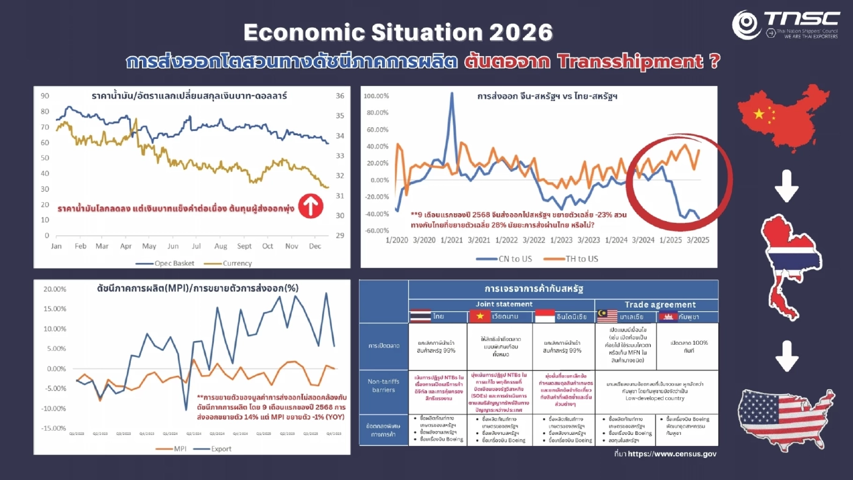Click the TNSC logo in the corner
click(786, 26)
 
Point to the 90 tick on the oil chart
click(45, 96)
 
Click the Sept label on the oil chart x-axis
click(244, 246)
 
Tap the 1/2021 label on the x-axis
click(447, 240)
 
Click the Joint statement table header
click(501, 303)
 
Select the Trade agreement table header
click(656, 304)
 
